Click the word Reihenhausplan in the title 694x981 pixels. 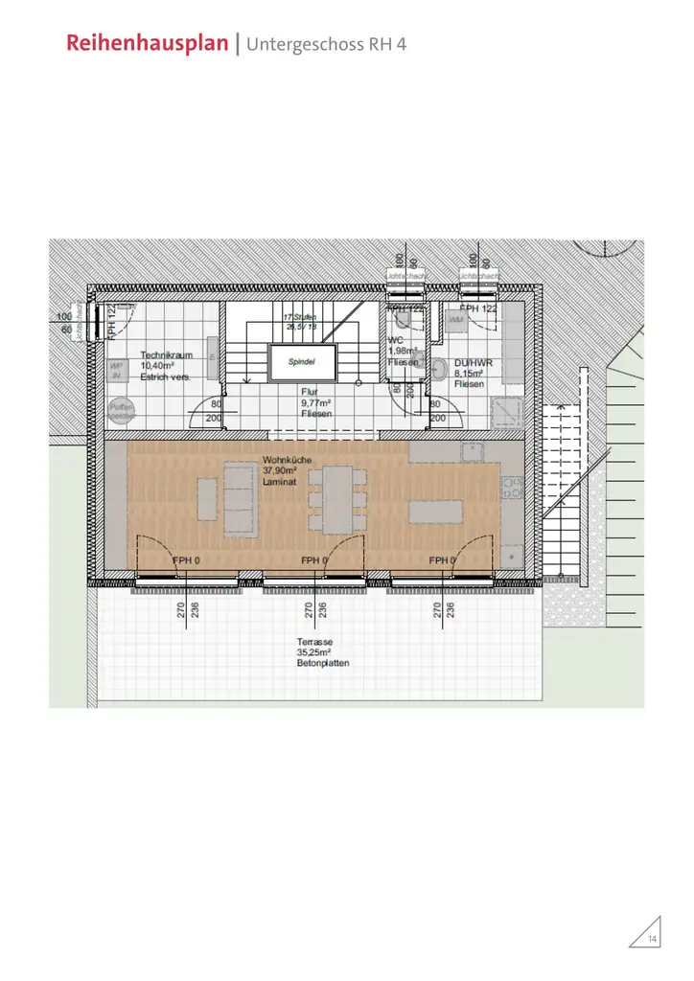pyautogui.click(x=151, y=44)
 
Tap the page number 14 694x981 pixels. pyautogui.click(x=653, y=938)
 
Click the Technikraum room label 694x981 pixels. pyautogui.click(x=167, y=354)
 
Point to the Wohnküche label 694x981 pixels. pyautogui.click(x=287, y=461)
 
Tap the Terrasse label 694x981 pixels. pyautogui.click(x=315, y=643)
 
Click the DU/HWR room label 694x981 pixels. pyautogui.click(x=474, y=363)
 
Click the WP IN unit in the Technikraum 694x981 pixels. pyautogui.click(x=118, y=372)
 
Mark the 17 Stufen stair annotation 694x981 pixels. pyautogui.click(x=299, y=317)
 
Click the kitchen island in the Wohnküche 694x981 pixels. pyautogui.click(x=436, y=512)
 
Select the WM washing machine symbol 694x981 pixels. pyautogui.click(x=456, y=319)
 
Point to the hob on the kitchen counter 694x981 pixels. pyautogui.click(x=509, y=490)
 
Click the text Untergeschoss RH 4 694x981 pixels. pyautogui.click(x=327, y=44)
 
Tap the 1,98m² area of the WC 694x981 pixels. pyautogui.click(x=402, y=352)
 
